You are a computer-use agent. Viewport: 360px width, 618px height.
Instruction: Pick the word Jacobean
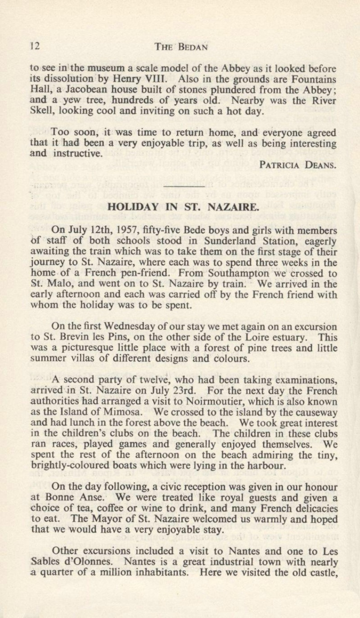[78, 90]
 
